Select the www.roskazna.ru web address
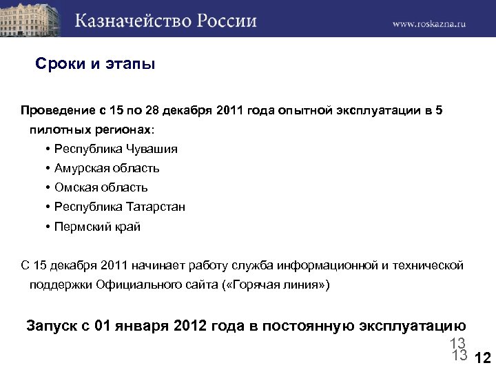click(429, 23)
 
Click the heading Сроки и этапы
click(95, 65)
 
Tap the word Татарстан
click(156, 207)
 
